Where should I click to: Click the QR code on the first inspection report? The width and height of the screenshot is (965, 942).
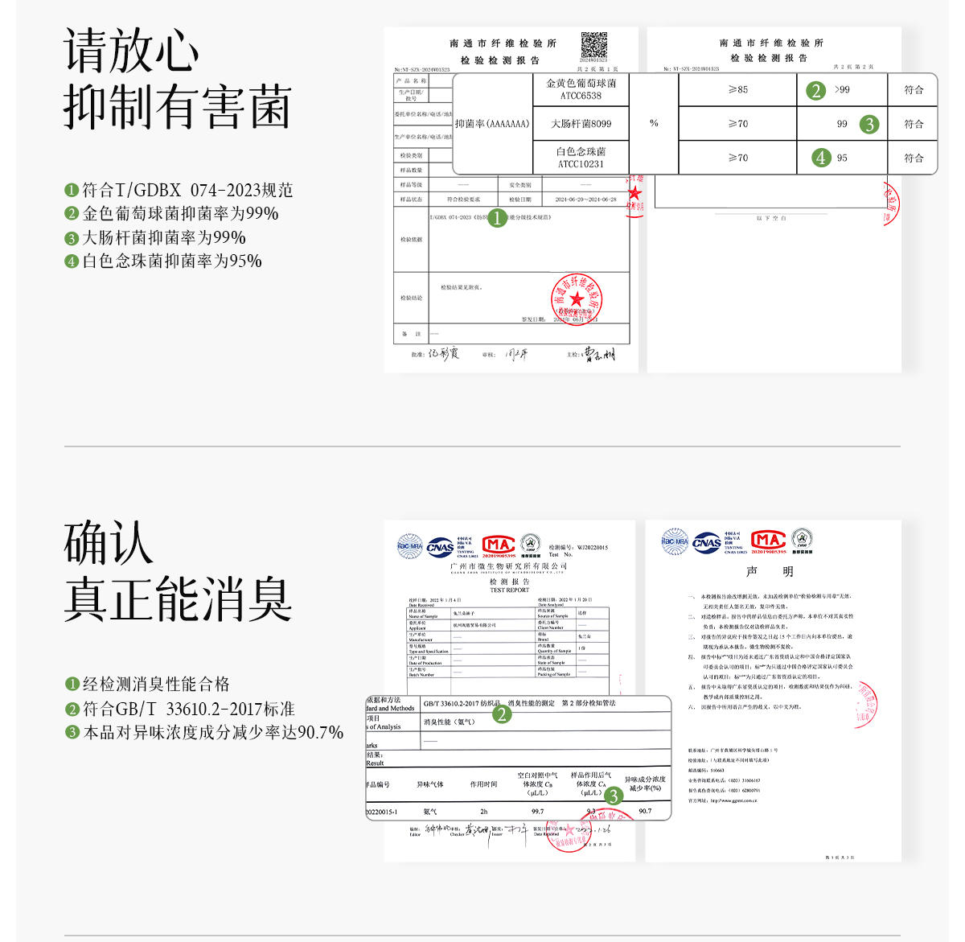coord(594,45)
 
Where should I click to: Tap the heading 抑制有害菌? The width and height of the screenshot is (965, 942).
coord(177,108)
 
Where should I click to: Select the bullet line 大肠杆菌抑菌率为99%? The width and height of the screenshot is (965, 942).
coord(163,237)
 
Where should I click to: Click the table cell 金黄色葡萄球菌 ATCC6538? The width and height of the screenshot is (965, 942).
coord(581,89)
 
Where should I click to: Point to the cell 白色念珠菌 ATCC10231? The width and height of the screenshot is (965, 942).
coord(581,158)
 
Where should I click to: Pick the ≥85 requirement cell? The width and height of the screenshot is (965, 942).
coord(737,89)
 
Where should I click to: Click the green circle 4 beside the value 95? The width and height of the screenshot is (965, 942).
coord(820,158)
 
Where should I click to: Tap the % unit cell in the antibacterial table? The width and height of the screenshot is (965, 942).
coord(654,123)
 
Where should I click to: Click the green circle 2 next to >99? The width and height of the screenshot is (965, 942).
coord(815,90)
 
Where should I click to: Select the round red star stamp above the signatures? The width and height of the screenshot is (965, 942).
coord(577,299)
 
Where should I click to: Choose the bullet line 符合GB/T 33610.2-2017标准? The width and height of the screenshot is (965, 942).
coord(188,709)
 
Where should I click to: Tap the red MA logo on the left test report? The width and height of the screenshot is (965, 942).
coord(499,545)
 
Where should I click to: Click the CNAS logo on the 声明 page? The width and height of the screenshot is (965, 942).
coord(707,542)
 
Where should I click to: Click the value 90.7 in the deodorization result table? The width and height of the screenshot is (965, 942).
coord(645,811)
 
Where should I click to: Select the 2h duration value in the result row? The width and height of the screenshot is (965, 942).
coord(483,811)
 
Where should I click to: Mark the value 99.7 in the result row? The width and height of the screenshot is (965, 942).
coord(537,811)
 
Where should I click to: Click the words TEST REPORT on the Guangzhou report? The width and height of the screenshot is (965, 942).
coord(510,590)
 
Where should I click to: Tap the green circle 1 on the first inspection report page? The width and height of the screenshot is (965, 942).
coord(497,218)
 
